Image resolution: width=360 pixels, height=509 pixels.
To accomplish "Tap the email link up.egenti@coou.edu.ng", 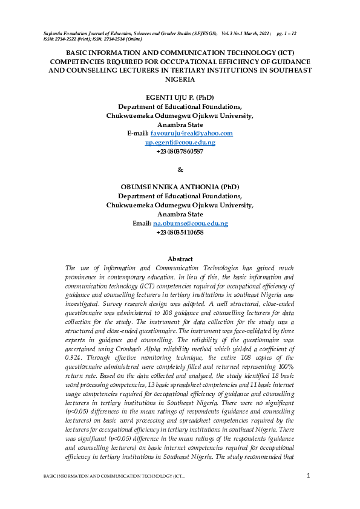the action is pos(180,142).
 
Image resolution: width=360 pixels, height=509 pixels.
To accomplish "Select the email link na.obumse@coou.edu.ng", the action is pos(191,224).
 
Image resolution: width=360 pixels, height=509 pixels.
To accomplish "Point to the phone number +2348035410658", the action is pos(180,233).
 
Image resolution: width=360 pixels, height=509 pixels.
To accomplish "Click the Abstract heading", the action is pos(180,259).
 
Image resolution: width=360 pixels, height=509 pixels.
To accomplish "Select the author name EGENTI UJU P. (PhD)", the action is pos(180,97).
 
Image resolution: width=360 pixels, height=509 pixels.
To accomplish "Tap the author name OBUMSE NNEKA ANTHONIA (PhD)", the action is pos(180,187).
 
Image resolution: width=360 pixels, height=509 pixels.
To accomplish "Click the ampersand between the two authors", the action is pos(180,169).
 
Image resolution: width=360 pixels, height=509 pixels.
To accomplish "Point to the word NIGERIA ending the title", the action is pos(180,79).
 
